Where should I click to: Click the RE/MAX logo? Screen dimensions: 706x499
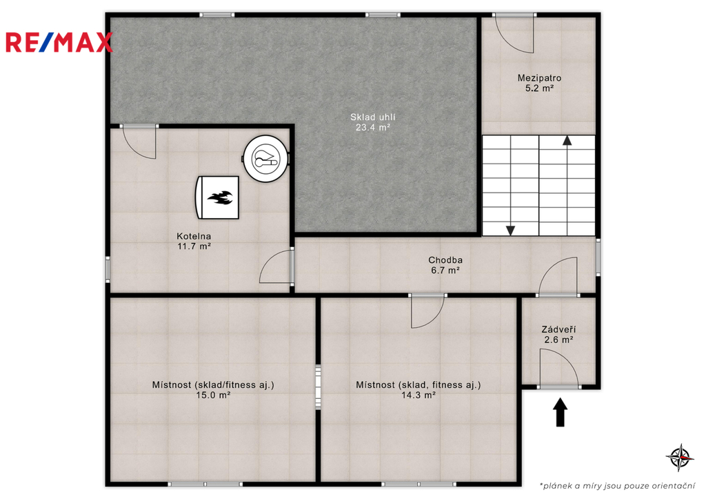pyautogui.click(x=59, y=42)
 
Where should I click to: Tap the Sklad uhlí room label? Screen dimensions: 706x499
pyautogui.click(x=373, y=117)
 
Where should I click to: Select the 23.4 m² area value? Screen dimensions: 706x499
pyautogui.click(x=373, y=128)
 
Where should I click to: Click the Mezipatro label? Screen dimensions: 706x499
pyautogui.click(x=539, y=78)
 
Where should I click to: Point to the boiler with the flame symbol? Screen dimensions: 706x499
pyautogui.click(x=217, y=197)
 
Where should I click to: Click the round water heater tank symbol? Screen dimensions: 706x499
pyautogui.click(x=266, y=159)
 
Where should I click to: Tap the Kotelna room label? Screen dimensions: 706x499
pyautogui.click(x=194, y=236)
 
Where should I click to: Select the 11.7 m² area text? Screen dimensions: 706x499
pyautogui.click(x=194, y=246)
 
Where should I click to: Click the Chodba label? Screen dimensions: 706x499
pyautogui.click(x=445, y=260)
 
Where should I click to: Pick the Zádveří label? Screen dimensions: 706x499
pyautogui.click(x=558, y=329)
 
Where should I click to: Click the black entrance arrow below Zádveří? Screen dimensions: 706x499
pyautogui.click(x=560, y=412)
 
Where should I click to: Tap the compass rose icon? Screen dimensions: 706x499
pyautogui.click(x=680, y=458)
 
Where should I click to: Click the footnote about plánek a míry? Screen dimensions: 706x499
pyautogui.click(x=617, y=486)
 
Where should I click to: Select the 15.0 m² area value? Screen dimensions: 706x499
pyautogui.click(x=214, y=395)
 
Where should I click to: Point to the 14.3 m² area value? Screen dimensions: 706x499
pyautogui.click(x=418, y=395)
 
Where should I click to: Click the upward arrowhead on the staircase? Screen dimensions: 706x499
pyautogui.click(x=567, y=140)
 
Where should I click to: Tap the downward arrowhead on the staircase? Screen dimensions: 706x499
pyautogui.click(x=510, y=231)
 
